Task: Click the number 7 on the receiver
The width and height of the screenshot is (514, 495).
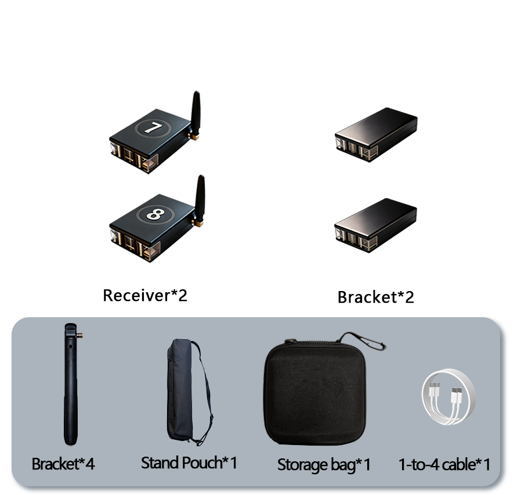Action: click(x=153, y=128)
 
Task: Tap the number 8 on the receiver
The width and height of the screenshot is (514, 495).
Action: click(x=155, y=214)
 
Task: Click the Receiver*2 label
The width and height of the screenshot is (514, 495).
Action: click(x=145, y=295)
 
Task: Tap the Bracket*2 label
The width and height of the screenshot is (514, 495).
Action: click(x=376, y=297)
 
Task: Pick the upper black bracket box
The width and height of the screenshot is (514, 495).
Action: click(x=376, y=134)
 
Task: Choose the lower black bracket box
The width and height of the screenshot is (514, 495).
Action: click(x=376, y=225)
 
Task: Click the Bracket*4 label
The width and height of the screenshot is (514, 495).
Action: click(x=63, y=464)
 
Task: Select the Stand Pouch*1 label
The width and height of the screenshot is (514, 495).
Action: click(x=189, y=463)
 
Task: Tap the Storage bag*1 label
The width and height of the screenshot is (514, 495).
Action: click(x=324, y=465)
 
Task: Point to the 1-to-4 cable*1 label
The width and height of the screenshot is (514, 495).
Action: click(x=444, y=464)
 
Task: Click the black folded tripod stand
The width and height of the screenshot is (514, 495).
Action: click(x=71, y=384)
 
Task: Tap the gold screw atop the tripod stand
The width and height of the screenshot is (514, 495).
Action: click(x=79, y=335)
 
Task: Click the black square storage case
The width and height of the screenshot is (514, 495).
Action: click(x=314, y=392)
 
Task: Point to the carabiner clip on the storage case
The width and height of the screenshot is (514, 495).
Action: click(x=363, y=340)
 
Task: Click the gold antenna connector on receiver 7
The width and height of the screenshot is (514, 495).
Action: click(x=194, y=136)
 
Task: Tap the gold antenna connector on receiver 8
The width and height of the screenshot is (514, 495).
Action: click(x=198, y=223)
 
